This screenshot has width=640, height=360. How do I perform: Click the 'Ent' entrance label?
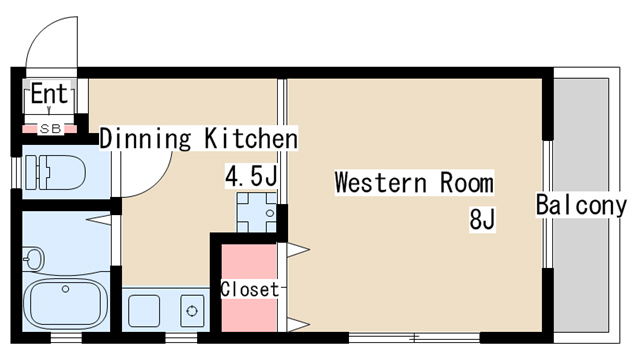[49, 93]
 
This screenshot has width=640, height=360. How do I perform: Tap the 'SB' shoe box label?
[51, 129]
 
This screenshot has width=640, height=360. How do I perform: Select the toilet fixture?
[55, 172]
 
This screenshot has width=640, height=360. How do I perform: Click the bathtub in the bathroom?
[65, 302]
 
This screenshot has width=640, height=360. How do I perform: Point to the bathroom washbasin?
[34, 258]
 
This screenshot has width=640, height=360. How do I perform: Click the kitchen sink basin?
[144, 311]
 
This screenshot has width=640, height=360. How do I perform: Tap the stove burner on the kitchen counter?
[192, 311]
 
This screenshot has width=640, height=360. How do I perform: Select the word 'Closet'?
[250, 289]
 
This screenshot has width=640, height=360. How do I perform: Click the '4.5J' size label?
[251, 176]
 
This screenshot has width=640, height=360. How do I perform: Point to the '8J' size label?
[482, 219]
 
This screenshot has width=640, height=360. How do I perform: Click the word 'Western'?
[381, 183]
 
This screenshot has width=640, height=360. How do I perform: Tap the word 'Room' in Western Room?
[467, 183]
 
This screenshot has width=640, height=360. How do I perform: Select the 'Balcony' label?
[581, 205]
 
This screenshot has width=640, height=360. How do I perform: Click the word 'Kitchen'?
[251, 138]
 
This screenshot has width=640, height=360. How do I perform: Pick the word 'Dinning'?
[145, 139]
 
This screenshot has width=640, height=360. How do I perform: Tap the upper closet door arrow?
[298, 250]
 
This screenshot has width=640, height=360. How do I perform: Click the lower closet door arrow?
[298, 325]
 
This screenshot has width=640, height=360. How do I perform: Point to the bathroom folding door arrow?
[98, 220]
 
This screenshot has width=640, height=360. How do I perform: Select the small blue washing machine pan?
[256, 212]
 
